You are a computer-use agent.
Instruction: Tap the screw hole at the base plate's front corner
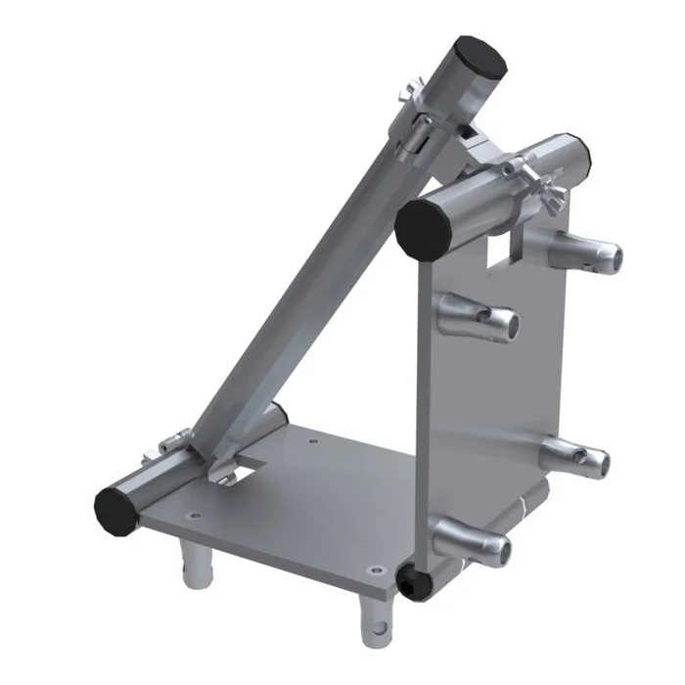pyautogui.click(x=376, y=567)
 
